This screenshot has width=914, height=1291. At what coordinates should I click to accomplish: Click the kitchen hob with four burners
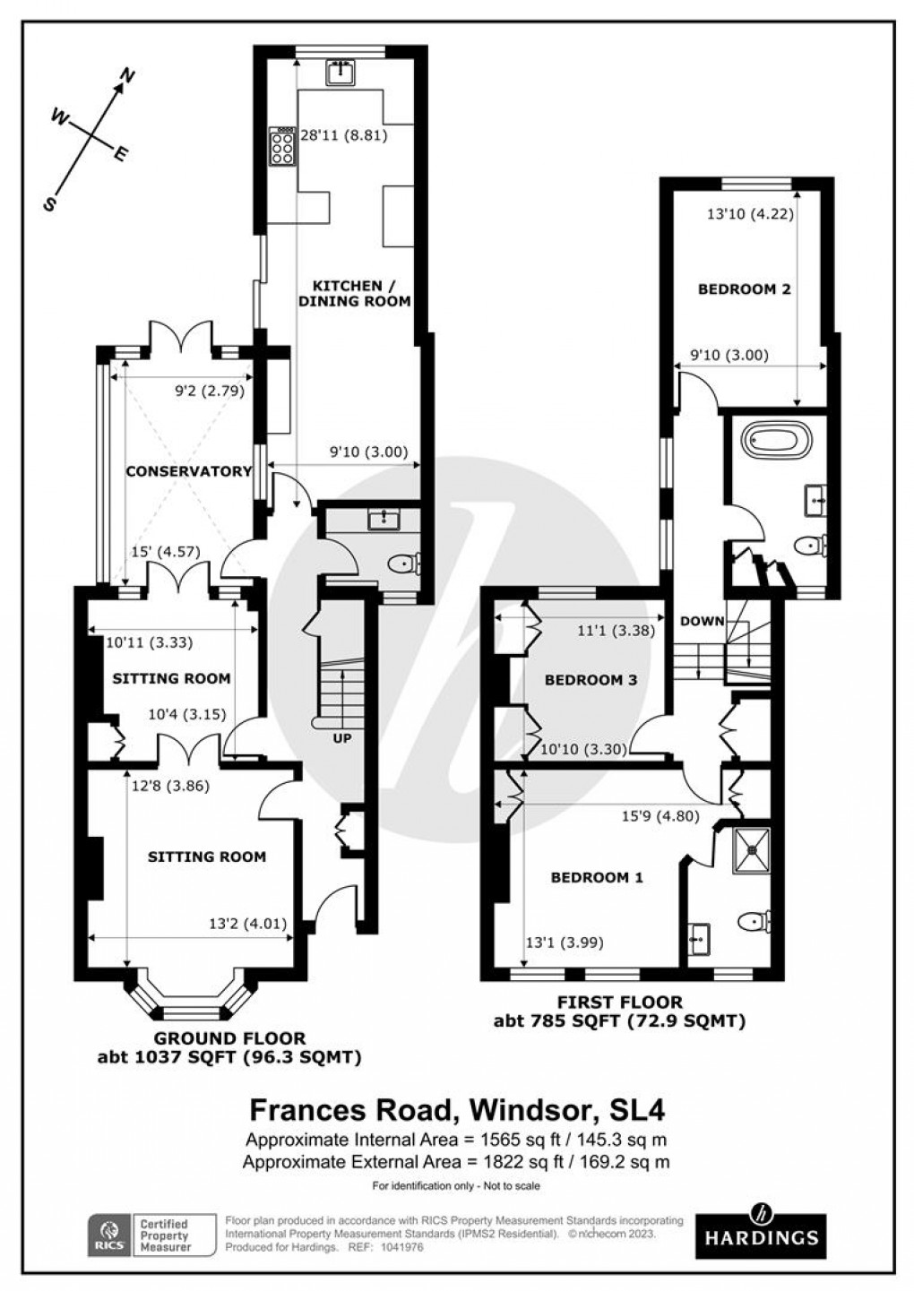point(281,146)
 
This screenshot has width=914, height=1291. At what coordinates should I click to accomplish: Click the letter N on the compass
point(127,77)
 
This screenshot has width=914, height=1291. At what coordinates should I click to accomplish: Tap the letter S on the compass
point(51,203)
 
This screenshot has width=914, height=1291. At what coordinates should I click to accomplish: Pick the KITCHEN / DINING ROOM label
point(354,293)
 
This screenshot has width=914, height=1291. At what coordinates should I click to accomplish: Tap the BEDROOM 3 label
point(591,680)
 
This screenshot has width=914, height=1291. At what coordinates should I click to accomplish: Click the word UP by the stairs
point(341,739)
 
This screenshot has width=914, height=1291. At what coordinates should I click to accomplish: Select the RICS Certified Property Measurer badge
point(151,1235)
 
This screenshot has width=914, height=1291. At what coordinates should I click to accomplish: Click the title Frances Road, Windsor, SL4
point(456,1110)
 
